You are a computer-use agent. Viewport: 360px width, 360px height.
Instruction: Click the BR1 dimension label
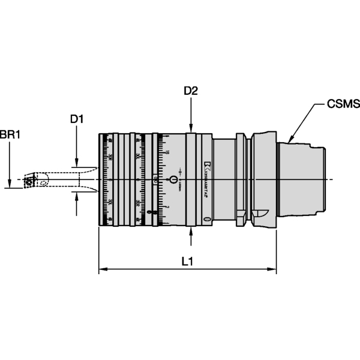[10, 136]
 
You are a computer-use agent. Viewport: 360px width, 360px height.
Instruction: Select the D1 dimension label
[76, 119]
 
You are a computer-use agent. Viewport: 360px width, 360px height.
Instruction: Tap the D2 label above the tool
[191, 91]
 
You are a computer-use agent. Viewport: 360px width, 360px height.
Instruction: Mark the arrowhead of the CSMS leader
[290, 139]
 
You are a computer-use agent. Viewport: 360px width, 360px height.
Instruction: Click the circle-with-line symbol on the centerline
[174, 179]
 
